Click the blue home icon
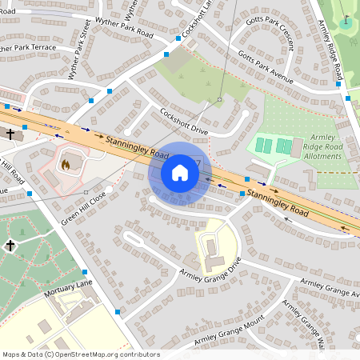(x=180, y=173)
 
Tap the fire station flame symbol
(x=66, y=166)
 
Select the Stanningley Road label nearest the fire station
(x=136, y=146)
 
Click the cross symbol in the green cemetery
(x=10, y=246)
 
